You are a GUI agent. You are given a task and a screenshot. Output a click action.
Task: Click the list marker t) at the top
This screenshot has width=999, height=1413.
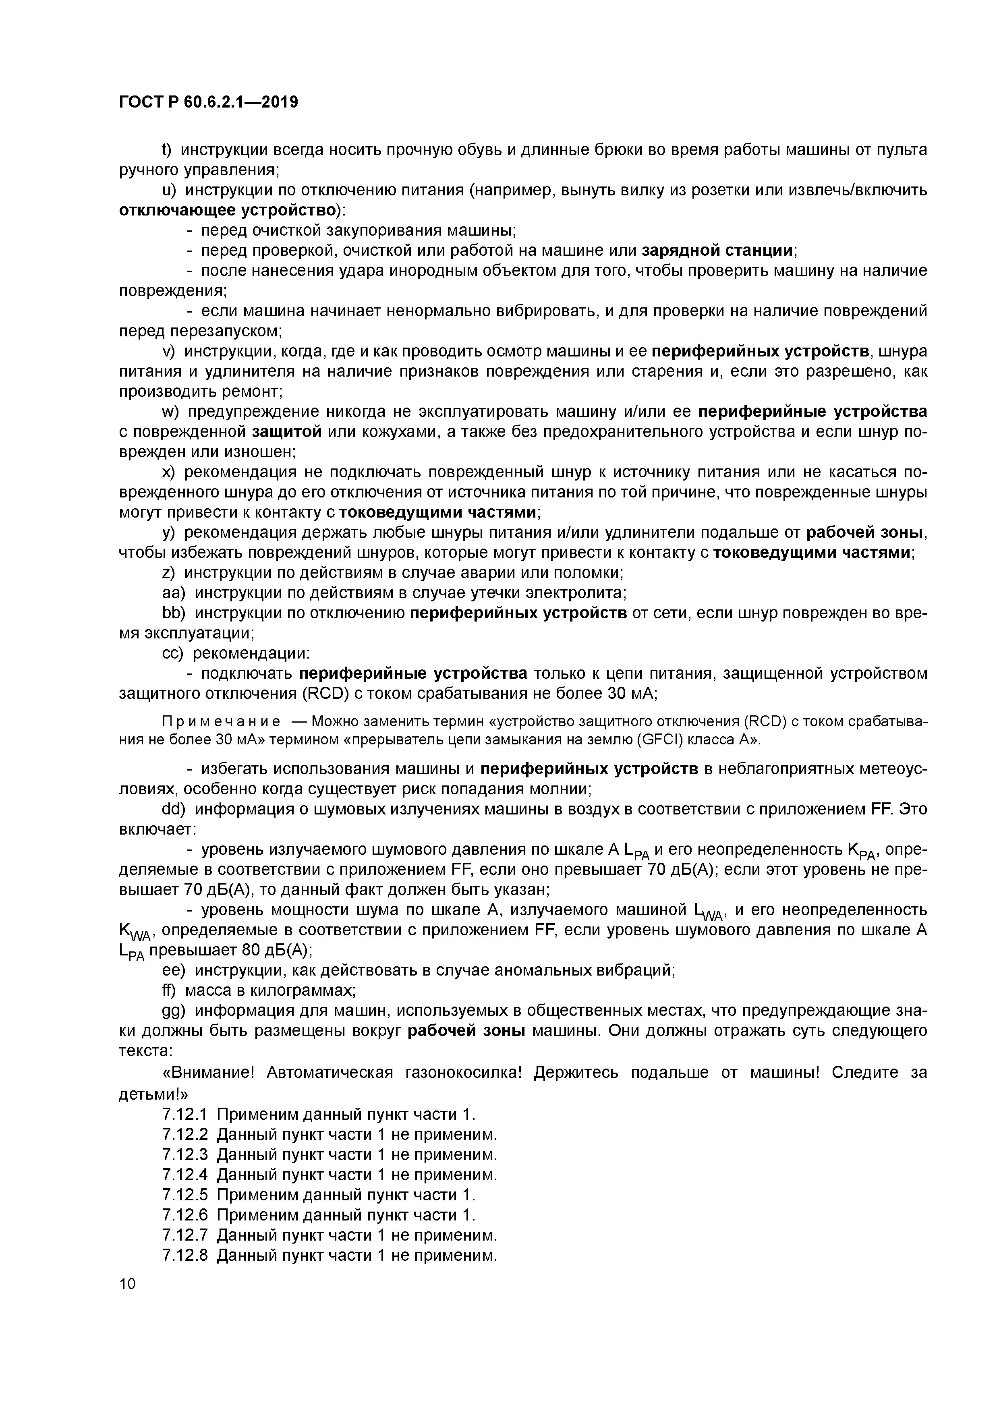[x=168, y=150]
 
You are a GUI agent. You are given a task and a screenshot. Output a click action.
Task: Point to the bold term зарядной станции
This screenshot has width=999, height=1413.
[x=717, y=251]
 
